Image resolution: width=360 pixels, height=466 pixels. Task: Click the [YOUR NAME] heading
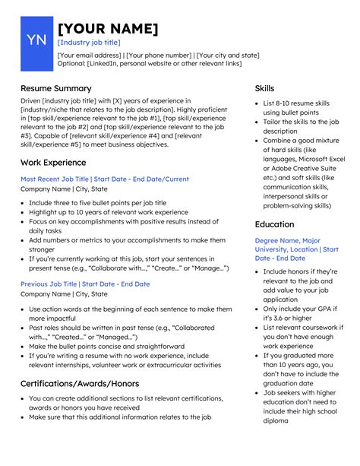(x=108, y=29)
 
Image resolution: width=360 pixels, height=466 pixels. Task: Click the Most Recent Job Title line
(x=105, y=179)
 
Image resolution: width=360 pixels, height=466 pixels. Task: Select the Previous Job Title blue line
(x=85, y=284)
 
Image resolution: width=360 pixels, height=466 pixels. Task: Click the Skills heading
(x=265, y=88)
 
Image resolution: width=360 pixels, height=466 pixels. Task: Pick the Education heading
(x=274, y=224)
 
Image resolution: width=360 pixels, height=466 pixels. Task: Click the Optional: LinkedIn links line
(x=150, y=64)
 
